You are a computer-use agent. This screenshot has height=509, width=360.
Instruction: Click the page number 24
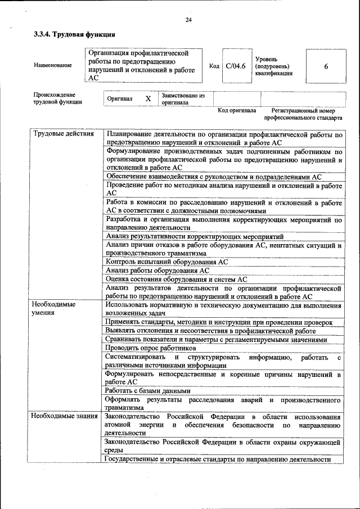point(188,20)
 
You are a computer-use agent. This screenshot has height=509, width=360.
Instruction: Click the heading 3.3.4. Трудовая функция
point(68,34)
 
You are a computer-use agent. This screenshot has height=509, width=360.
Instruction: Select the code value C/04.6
point(235,66)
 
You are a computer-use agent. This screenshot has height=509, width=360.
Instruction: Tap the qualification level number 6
point(326,66)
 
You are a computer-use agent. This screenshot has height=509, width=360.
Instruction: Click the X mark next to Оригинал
point(148,99)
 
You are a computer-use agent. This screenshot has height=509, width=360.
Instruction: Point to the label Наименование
point(53,66)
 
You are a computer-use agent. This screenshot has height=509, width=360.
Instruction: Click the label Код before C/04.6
point(214,66)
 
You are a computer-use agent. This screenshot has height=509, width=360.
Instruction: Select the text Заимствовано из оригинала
point(182,99)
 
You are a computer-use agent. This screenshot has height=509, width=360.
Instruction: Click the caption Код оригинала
point(237,110)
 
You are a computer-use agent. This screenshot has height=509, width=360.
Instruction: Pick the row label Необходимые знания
point(64,417)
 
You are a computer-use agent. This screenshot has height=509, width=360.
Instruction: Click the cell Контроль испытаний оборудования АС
point(166,262)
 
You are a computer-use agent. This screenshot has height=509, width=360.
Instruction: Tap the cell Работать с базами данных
point(148,390)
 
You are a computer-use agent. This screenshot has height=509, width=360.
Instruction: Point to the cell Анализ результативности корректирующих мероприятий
point(194,236)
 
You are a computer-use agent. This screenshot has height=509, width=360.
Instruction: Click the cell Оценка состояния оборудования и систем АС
point(176,280)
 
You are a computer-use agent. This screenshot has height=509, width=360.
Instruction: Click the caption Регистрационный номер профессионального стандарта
point(303,115)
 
